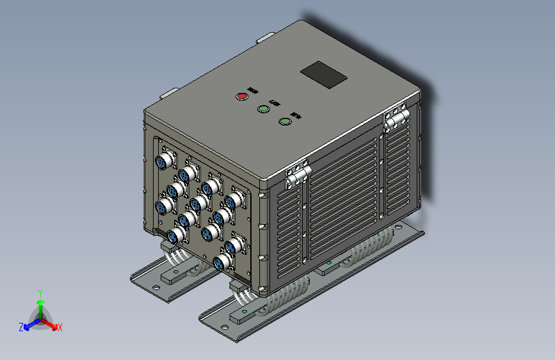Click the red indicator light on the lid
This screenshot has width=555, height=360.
point(242,97)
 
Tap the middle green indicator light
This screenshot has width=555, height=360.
point(263,108)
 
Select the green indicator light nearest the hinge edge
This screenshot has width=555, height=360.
point(285,120)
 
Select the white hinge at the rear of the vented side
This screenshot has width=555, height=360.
point(396,118)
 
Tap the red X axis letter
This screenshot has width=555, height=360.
point(60,327)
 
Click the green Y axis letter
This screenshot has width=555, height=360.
point(40,292)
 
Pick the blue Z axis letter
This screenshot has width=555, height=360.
point(21,327)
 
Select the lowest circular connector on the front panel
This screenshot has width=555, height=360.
point(221,262)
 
